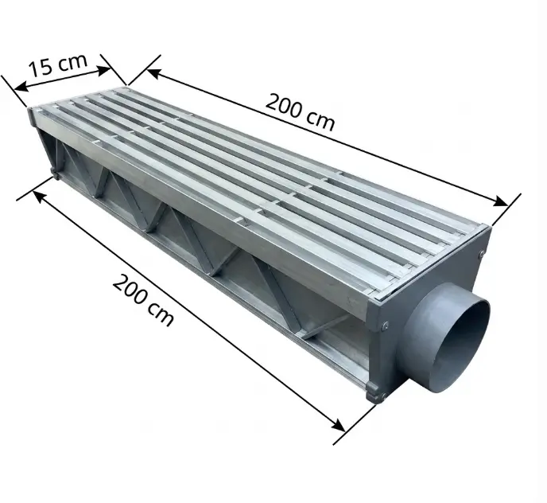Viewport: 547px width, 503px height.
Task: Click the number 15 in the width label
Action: tap(40, 68)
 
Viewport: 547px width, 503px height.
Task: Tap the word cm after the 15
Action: tap(72, 61)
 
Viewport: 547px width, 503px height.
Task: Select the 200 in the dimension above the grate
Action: tap(284, 106)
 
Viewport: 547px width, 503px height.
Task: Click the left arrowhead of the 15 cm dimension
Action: tap(21, 87)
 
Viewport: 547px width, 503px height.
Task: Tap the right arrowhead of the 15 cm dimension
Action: tap(103, 70)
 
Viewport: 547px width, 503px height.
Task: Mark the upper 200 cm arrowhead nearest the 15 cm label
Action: tap(153, 73)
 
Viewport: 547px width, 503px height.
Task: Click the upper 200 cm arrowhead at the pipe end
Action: tap(500, 201)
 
